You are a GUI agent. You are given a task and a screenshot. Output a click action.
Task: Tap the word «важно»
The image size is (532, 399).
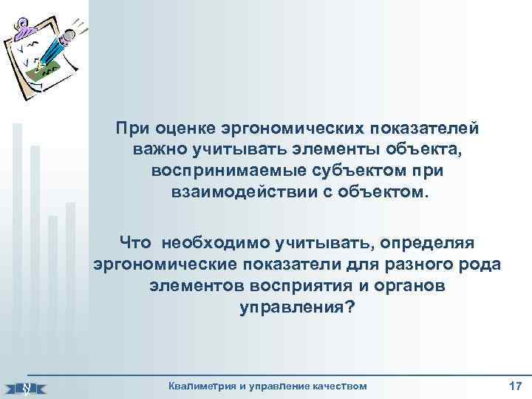163,149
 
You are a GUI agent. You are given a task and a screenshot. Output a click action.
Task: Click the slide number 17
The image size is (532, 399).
515,386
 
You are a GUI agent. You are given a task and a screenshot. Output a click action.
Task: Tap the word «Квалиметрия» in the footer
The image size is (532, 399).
203,386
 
